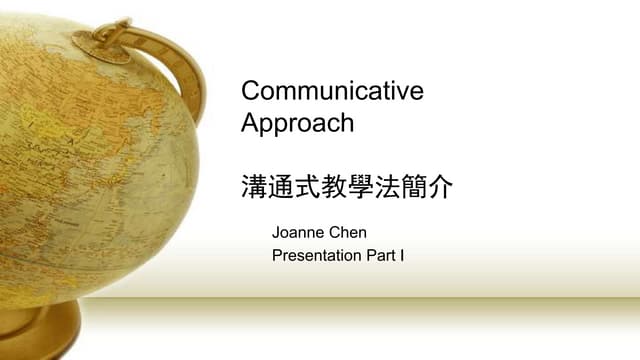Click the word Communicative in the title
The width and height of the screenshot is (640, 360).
click(x=333, y=91)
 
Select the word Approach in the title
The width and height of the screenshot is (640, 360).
click(x=298, y=124)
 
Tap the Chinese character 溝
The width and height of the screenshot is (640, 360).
click(x=254, y=187)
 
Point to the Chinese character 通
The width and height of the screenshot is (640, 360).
click(x=281, y=187)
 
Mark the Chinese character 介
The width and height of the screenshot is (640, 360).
click(x=441, y=187)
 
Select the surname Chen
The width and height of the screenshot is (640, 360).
click(x=349, y=233)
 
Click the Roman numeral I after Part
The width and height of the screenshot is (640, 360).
click(x=402, y=256)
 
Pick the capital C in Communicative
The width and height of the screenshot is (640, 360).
click(x=251, y=91)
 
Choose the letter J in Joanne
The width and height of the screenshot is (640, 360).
click(x=276, y=233)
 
